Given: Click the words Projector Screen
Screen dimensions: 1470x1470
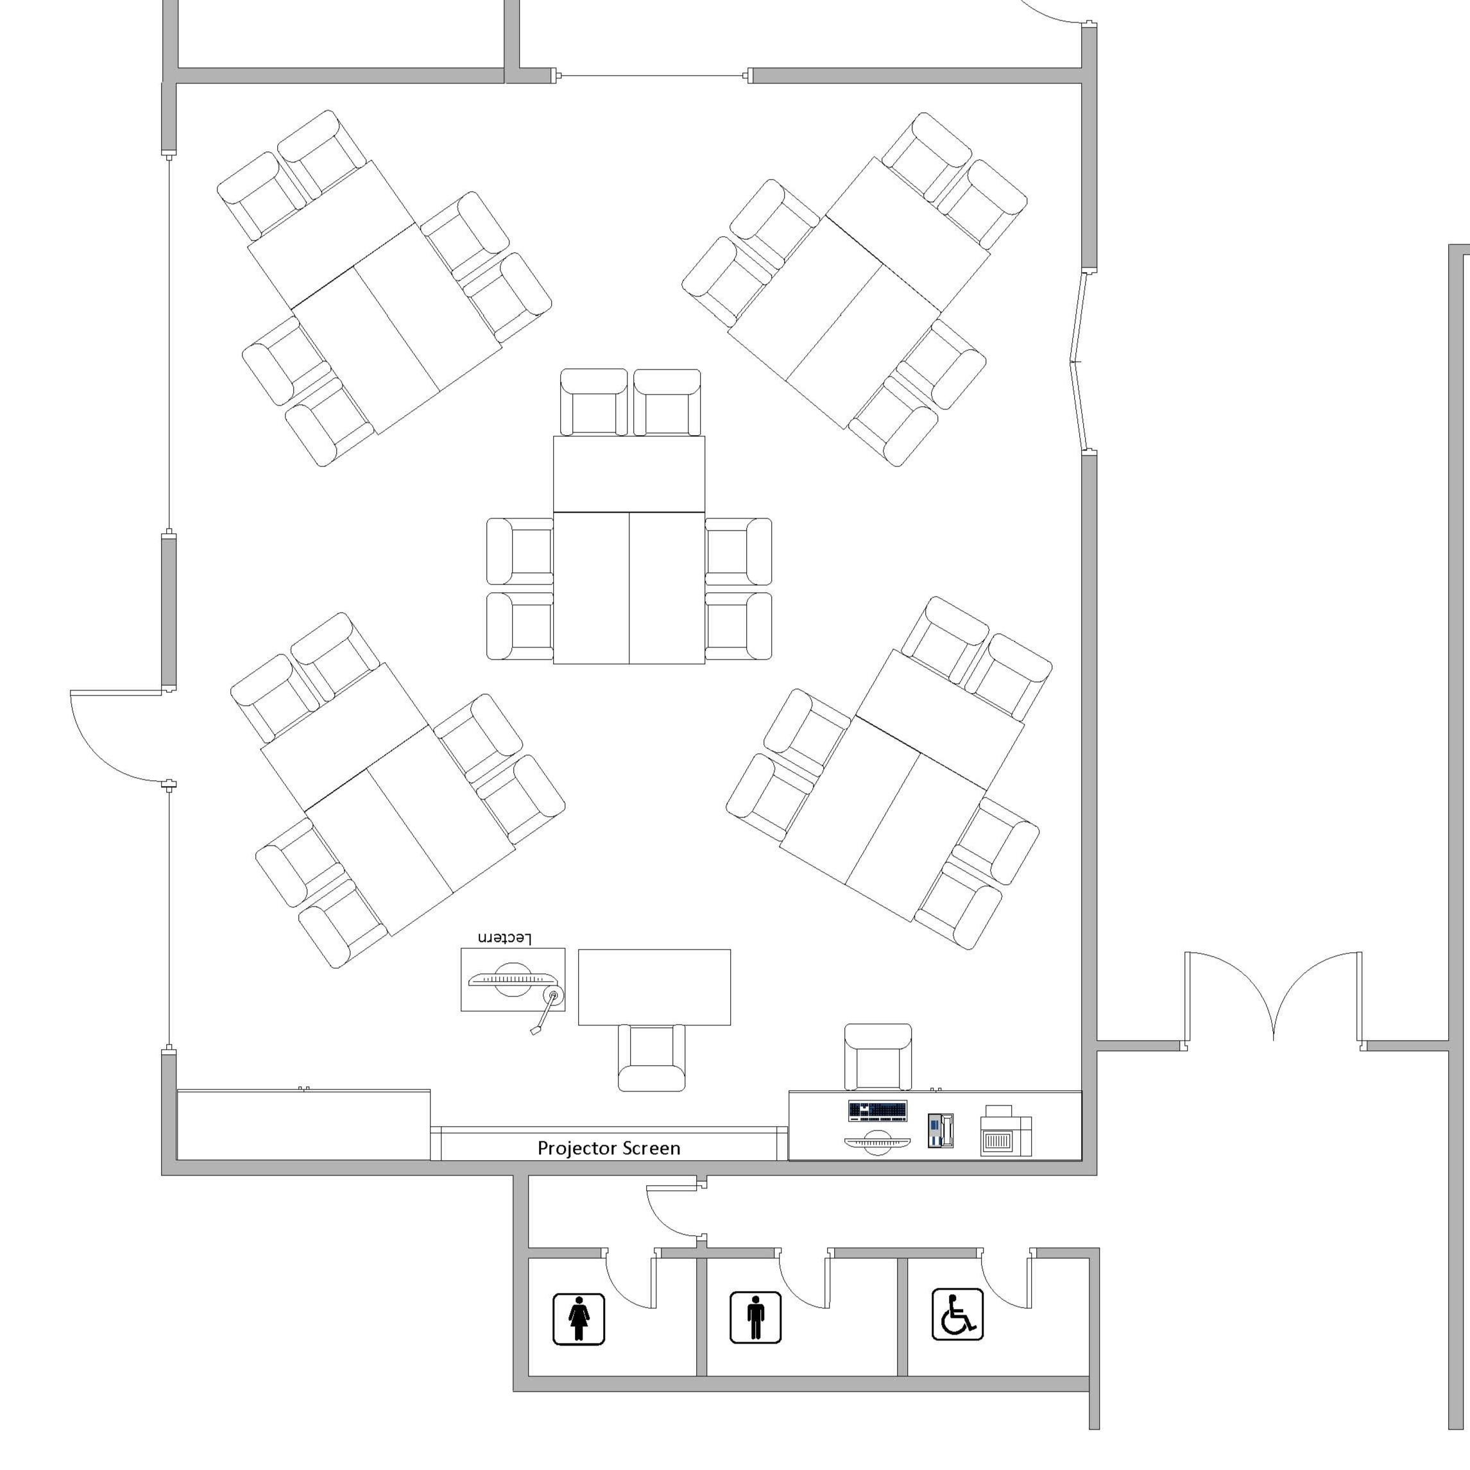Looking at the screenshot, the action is click(609, 1148).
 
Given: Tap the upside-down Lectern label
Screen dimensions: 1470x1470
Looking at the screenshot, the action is click(504, 938).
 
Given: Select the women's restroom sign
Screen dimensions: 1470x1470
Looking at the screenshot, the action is click(578, 1319).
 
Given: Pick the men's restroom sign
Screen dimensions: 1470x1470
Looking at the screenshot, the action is click(756, 1318).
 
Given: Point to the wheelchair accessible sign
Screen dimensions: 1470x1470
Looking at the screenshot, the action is click(957, 1315).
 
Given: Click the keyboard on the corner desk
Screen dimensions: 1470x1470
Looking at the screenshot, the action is click(878, 1111).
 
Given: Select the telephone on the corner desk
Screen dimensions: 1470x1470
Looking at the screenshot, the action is click(941, 1130).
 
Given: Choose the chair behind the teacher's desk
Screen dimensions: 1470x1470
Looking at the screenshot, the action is click(651, 1057).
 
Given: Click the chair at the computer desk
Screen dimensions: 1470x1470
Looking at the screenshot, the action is click(878, 1057).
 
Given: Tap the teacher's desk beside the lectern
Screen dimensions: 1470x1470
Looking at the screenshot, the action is click(654, 987).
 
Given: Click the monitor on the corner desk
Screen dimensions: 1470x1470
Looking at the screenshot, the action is click(877, 1143).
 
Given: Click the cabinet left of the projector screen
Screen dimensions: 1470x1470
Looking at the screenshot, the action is click(303, 1125).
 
